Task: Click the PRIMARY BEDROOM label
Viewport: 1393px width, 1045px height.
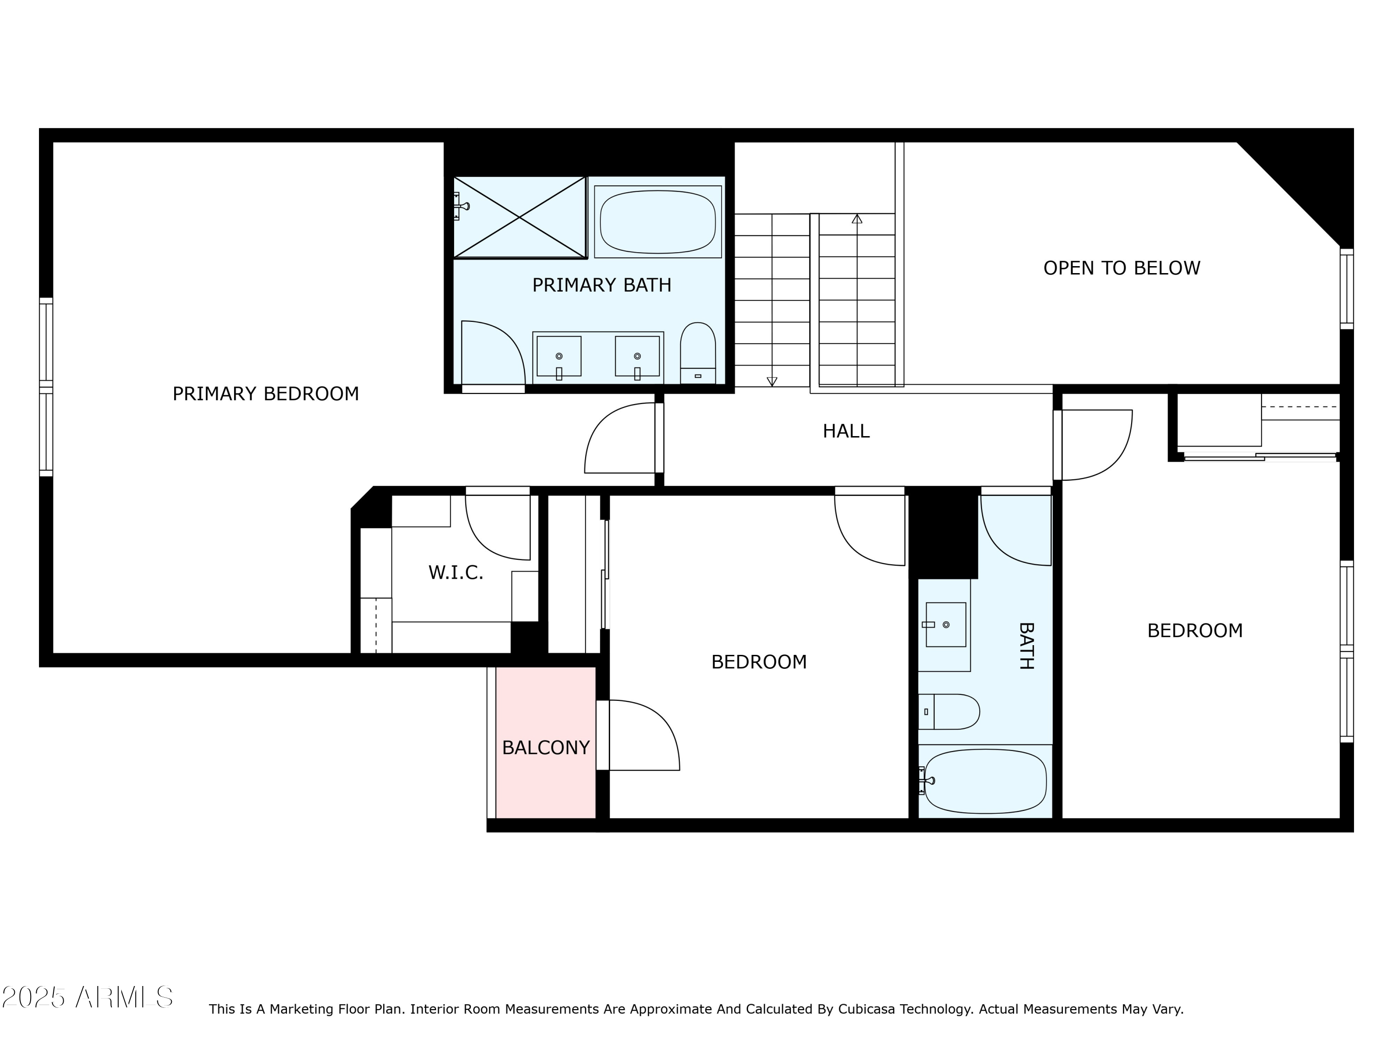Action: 265,394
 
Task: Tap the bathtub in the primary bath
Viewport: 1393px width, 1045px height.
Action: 657,222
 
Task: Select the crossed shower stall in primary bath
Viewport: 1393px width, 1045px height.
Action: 520,217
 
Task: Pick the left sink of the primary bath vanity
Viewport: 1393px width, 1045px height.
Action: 559,357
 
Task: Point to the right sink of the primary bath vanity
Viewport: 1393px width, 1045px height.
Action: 638,357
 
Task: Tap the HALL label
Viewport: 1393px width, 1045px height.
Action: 846,431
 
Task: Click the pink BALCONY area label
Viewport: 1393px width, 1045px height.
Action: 546,748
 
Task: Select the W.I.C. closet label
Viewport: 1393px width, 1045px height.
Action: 456,573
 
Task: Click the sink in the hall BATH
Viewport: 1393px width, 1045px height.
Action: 945,624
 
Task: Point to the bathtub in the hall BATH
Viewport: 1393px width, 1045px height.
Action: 985,781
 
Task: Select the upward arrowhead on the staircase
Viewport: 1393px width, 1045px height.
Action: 856,219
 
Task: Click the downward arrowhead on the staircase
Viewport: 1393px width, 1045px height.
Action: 771,381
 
